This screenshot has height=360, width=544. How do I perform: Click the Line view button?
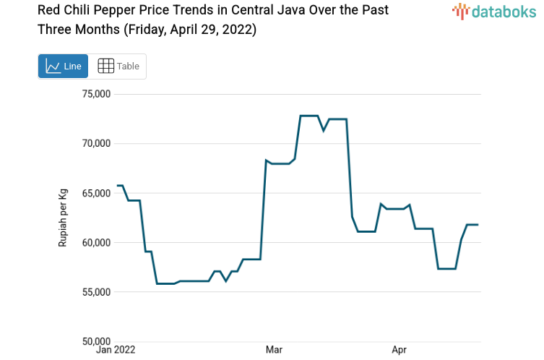tap(63, 66)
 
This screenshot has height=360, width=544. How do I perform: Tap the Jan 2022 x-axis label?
tap(116, 351)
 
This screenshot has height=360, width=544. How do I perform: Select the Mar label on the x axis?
tap(274, 351)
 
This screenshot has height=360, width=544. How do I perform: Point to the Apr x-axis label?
tap(399, 351)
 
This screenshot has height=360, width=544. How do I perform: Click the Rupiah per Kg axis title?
tap(63, 217)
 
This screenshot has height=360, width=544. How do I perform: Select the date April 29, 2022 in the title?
tap(210, 30)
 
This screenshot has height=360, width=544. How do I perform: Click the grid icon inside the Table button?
tap(105, 66)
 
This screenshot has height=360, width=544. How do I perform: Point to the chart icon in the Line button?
tap(53, 66)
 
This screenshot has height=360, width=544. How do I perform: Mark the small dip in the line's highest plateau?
tap(324, 130)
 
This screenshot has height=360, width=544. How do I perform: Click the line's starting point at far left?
tap(117, 186)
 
